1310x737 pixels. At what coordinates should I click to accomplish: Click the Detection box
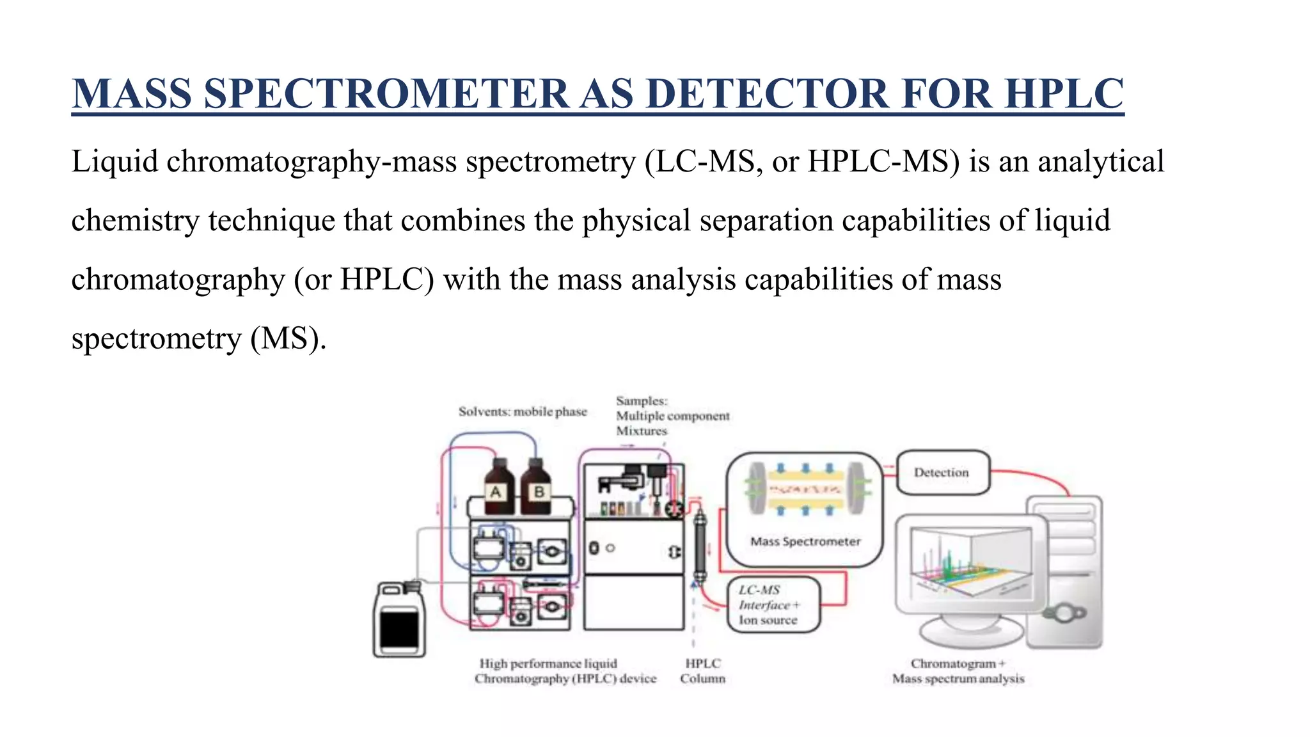point(942,473)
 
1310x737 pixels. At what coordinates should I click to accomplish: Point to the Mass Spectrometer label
point(805,541)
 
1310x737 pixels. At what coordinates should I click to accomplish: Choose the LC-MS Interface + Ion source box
point(773,605)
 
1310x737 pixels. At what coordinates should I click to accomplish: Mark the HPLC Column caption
point(702,671)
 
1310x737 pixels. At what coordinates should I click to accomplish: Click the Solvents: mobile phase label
point(523,411)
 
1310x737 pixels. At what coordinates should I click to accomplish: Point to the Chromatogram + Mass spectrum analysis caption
point(958,671)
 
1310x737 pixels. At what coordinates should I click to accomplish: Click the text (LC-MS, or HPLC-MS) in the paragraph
point(802,161)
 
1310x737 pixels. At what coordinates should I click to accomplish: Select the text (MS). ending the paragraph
point(288,338)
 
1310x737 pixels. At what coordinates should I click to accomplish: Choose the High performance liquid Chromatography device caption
point(565,671)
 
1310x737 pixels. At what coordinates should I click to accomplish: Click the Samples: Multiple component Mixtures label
point(672,416)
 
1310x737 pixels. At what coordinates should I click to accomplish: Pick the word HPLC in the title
point(1063,94)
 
